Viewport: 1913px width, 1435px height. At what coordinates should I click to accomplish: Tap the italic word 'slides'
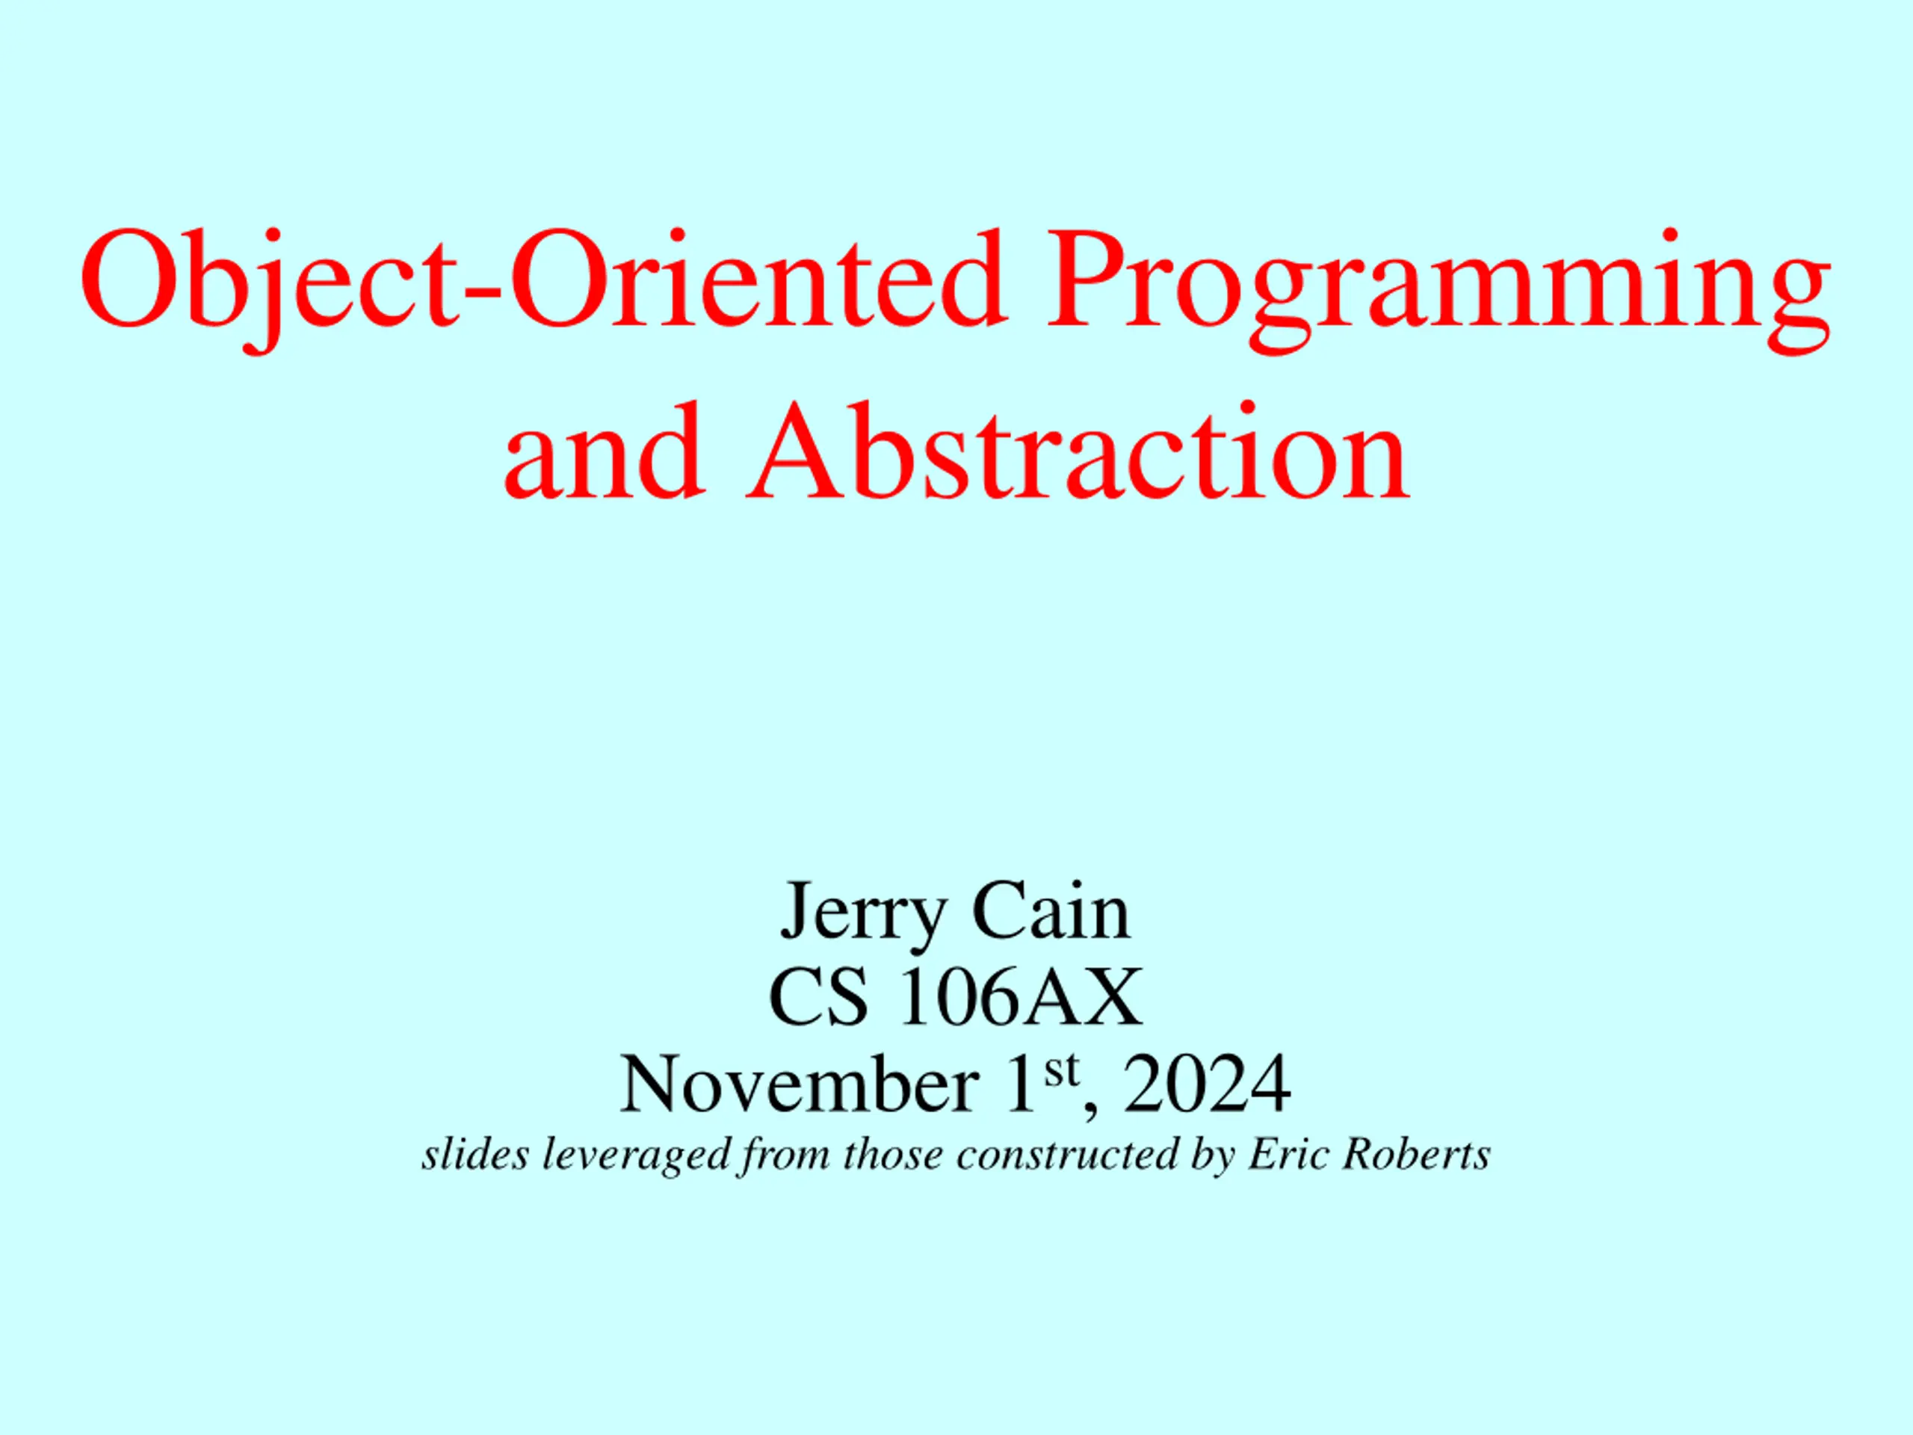pos(475,1155)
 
